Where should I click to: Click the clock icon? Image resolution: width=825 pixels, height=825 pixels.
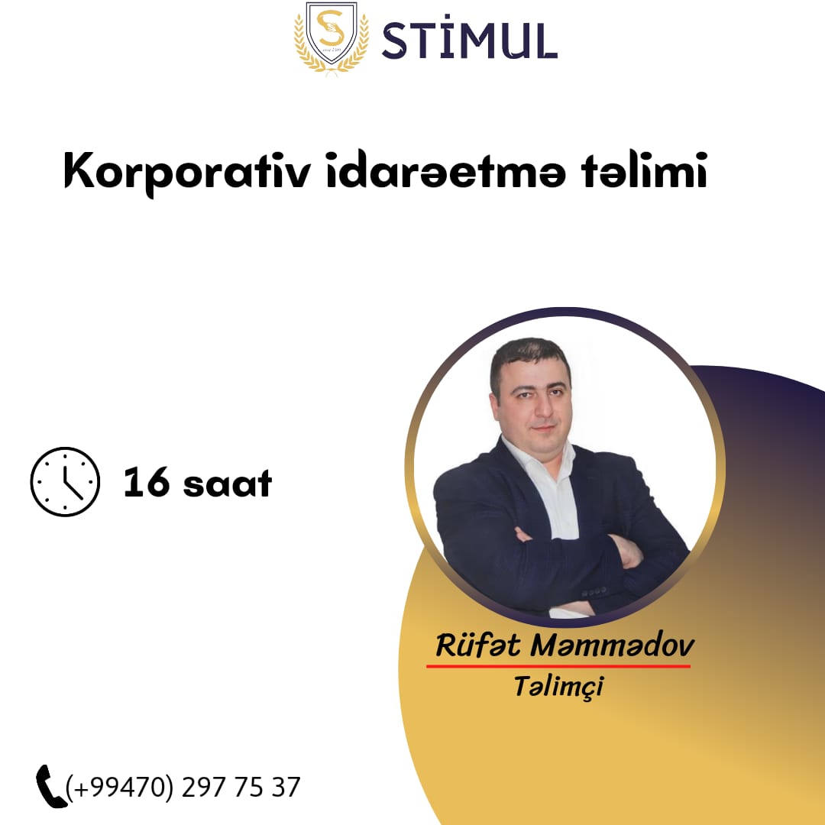pos(65,481)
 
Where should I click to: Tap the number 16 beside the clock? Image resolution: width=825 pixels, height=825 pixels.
pos(147,482)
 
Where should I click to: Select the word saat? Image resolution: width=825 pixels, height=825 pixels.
pos(228,484)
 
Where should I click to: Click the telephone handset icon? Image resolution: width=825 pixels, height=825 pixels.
pos(50,786)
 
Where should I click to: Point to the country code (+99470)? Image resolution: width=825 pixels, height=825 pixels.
pos(119,788)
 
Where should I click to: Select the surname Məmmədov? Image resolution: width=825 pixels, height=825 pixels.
pos(613,645)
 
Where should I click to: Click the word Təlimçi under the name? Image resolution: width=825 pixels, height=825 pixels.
pos(558,686)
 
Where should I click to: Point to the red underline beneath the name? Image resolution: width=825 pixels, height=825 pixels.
pos(558,666)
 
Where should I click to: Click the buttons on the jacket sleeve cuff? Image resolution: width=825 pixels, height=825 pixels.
pos(594,593)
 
